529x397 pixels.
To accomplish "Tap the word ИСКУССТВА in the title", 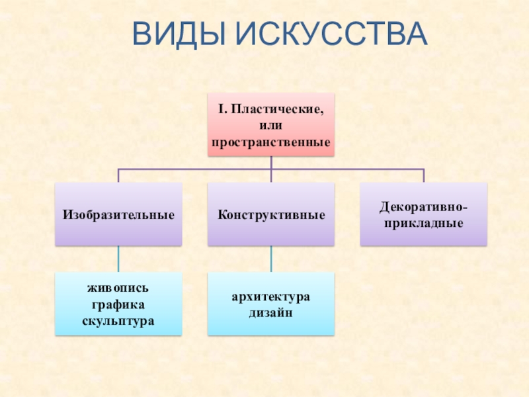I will [x=330, y=34].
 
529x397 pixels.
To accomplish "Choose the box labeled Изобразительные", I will [x=119, y=214].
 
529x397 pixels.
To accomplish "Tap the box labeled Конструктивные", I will [x=271, y=214].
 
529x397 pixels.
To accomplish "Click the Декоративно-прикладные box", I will [x=423, y=214].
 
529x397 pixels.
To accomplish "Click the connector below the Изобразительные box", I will [x=119, y=259].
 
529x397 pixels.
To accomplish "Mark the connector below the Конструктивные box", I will [x=271, y=259].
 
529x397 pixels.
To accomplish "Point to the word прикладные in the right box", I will [x=423, y=224].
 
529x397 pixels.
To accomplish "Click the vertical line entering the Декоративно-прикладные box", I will [x=423, y=176].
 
